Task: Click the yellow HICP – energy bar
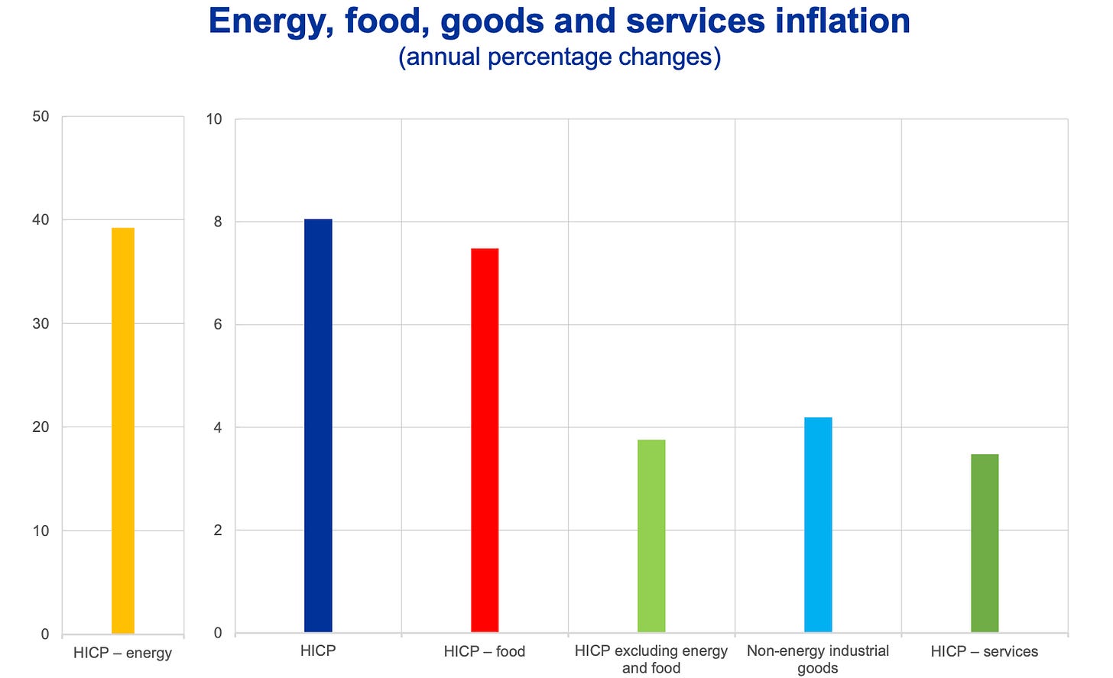123,430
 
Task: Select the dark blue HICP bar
318,426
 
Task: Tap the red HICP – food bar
485,440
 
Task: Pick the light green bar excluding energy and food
651,536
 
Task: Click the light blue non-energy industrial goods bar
818,524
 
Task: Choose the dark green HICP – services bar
985,543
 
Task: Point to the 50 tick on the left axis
41,117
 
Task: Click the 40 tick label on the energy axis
41,220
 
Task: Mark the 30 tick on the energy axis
41,324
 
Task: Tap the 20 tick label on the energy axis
41,427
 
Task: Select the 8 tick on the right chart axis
218,222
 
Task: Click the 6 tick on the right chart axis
218,325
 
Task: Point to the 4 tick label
218,428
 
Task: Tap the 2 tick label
218,530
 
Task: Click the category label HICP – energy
122,653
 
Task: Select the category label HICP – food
485,651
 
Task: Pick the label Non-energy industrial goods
818,659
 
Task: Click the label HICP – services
985,651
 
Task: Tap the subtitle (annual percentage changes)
559,57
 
